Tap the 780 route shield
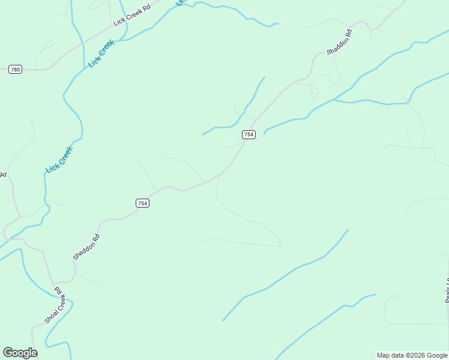(15, 70)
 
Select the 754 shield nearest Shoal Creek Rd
(142, 203)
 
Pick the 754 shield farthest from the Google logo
(249, 134)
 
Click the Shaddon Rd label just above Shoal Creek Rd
(86, 247)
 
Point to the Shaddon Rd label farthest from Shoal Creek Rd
(339, 42)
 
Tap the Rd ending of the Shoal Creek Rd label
(59, 290)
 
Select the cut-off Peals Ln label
(447, 290)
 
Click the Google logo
(20, 353)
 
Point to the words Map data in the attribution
(390, 355)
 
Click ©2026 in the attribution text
(414, 355)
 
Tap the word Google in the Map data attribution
(436, 355)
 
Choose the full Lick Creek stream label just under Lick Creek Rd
(101, 53)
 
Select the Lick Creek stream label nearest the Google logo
(59, 160)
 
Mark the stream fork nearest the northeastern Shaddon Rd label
(334, 100)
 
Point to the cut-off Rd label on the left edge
(2, 175)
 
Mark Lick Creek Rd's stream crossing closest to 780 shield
(82, 43)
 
